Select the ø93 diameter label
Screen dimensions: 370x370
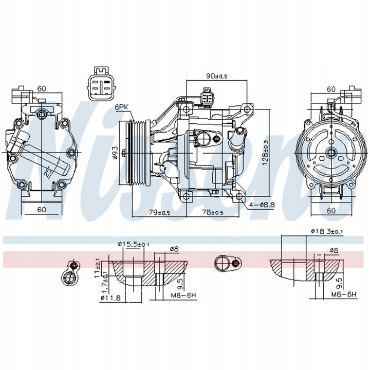[116, 153]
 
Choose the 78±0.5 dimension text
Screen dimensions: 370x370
[212, 212]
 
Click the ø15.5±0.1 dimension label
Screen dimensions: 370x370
[133, 245]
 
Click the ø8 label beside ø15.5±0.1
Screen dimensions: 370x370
[174, 249]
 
